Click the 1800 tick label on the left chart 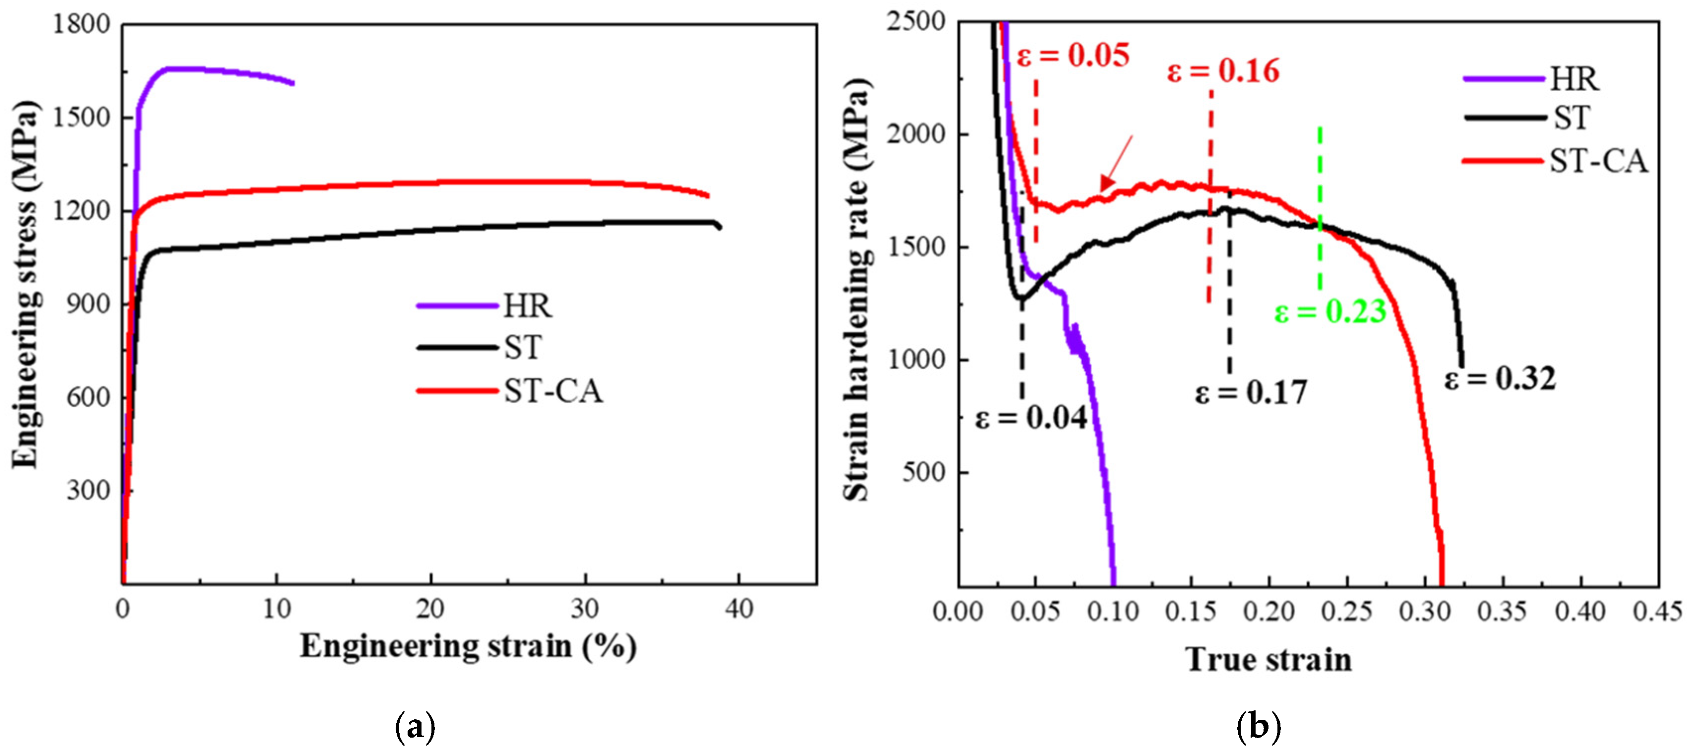tap(81, 25)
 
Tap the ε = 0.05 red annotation tap(1073, 55)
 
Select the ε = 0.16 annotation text tap(1223, 71)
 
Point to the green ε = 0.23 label tap(1330, 312)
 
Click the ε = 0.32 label tap(1500, 379)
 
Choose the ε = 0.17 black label tap(1251, 392)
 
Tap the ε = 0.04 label tap(1030, 418)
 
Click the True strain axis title tap(1268, 660)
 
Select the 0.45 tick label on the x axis tap(1657, 612)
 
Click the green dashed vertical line tap(1320, 210)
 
